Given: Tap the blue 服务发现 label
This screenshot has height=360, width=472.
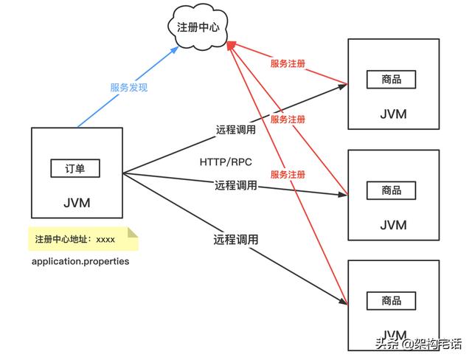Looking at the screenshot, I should click(129, 87).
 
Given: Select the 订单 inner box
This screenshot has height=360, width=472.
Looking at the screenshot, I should click(75, 168).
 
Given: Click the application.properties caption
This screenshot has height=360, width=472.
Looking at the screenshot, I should click(80, 262).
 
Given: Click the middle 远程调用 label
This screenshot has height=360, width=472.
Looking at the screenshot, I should click(236, 185).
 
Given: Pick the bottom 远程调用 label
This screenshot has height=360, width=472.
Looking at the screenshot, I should click(235, 239).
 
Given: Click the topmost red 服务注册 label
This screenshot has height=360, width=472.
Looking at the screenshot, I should click(288, 64).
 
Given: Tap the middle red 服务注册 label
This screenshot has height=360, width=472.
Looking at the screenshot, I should click(288, 120).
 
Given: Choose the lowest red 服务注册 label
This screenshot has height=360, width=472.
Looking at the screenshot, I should click(288, 175).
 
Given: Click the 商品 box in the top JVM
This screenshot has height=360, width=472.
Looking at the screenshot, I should click(392, 80).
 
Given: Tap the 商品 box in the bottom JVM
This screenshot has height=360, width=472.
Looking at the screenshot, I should click(392, 300).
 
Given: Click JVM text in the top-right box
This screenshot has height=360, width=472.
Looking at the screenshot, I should click(392, 114).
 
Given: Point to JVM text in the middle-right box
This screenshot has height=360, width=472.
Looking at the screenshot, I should click(392, 224).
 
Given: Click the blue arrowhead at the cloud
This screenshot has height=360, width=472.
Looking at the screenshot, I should click(175, 49).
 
